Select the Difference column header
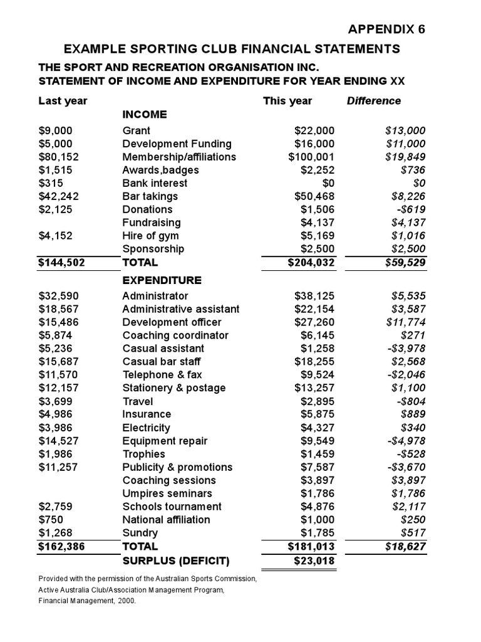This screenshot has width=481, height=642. click(x=374, y=101)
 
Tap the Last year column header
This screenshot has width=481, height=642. click(x=63, y=101)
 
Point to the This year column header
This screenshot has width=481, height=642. click(x=287, y=101)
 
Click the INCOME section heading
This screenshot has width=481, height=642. click(x=145, y=114)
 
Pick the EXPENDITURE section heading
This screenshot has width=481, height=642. click(x=162, y=280)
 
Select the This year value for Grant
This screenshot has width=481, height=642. click(x=314, y=130)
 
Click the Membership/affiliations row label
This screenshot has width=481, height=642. click(x=179, y=157)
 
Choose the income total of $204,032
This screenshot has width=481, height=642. click(x=311, y=263)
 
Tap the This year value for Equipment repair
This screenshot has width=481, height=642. click(x=317, y=441)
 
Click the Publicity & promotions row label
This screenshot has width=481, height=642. click(x=177, y=467)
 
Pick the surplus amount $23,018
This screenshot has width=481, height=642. click(x=314, y=560)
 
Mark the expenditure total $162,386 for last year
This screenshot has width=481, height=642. click(x=61, y=547)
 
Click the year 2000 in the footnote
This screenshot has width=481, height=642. click(x=125, y=601)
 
